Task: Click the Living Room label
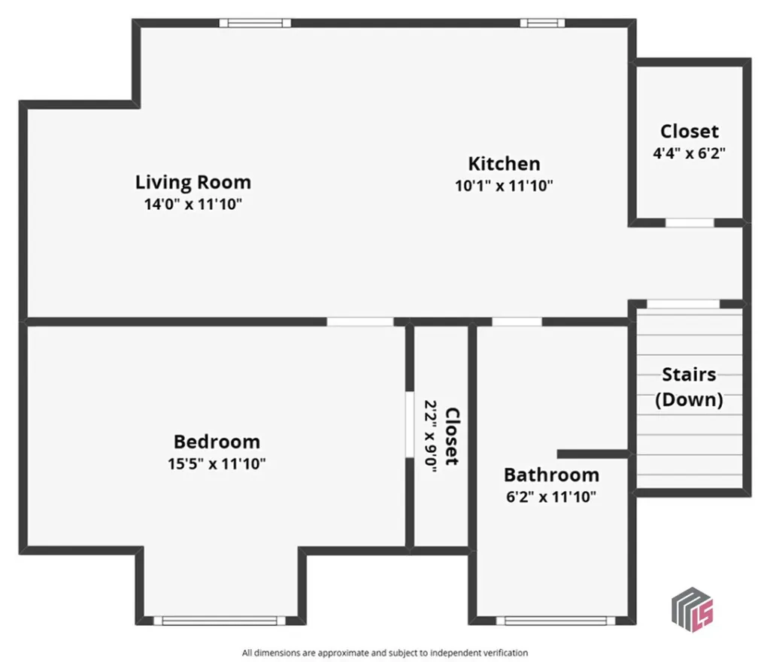pyautogui.click(x=193, y=182)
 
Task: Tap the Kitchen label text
pyautogui.click(x=504, y=163)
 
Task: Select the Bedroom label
pyautogui.click(x=217, y=442)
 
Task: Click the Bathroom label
pyautogui.click(x=551, y=475)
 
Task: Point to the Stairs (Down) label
pyautogui.click(x=689, y=387)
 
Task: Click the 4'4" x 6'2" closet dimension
pyautogui.click(x=690, y=152)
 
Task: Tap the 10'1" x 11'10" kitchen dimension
pyautogui.click(x=504, y=185)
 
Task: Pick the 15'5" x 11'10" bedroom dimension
pyautogui.click(x=217, y=463)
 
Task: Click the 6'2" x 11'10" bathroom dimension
pyautogui.click(x=551, y=496)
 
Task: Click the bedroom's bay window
pyautogui.click(x=220, y=621)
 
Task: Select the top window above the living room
pyautogui.click(x=255, y=23)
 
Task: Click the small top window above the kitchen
pyautogui.click(x=541, y=23)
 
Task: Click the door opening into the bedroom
pyautogui.click(x=359, y=321)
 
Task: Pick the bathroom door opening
pyautogui.click(x=517, y=321)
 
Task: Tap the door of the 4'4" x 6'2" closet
pyautogui.click(x=690, y=223)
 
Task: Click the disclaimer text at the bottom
pyautogui.click(x=385, y=652)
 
